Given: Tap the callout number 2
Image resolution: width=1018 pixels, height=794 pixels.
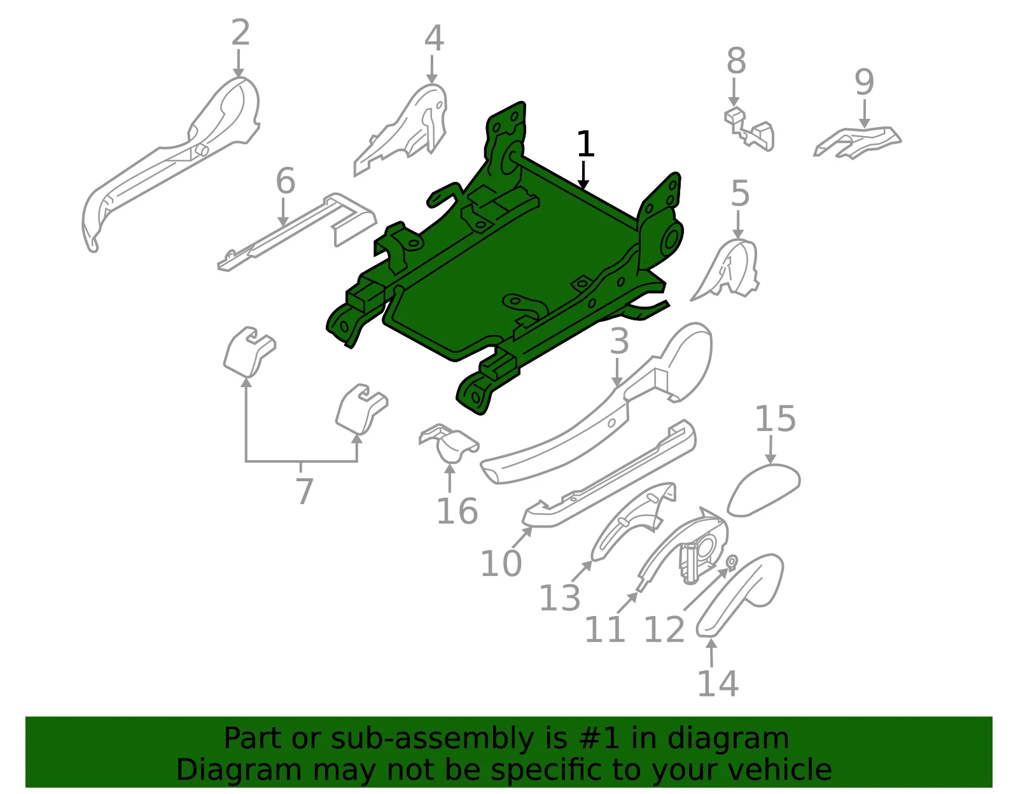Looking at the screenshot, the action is tap(241, 32).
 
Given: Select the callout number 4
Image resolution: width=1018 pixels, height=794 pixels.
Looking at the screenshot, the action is tap(434, 38).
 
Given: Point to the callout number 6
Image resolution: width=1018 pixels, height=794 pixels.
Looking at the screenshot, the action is tap(285, 180).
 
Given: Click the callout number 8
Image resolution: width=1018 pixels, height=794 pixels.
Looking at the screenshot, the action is tap(736, 60).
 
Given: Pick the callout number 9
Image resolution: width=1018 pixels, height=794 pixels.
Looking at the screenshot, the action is tap(864, 82).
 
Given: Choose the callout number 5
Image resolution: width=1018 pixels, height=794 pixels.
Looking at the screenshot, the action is tap(740, 193).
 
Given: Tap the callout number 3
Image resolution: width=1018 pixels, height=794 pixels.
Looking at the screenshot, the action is tap(619, 341).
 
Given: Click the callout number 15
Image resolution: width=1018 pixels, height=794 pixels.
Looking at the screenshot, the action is tap(776, 418).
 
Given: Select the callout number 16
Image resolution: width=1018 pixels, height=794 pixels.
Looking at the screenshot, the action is tap(457, 511).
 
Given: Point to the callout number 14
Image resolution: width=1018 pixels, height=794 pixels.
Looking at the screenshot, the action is tap(718, 683).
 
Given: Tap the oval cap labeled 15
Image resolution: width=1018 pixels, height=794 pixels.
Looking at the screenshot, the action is tap(763, 490).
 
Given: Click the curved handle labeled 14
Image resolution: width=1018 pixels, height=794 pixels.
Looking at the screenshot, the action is tap(740, 594).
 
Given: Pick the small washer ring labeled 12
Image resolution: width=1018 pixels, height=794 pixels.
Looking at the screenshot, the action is tap(732, 561).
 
